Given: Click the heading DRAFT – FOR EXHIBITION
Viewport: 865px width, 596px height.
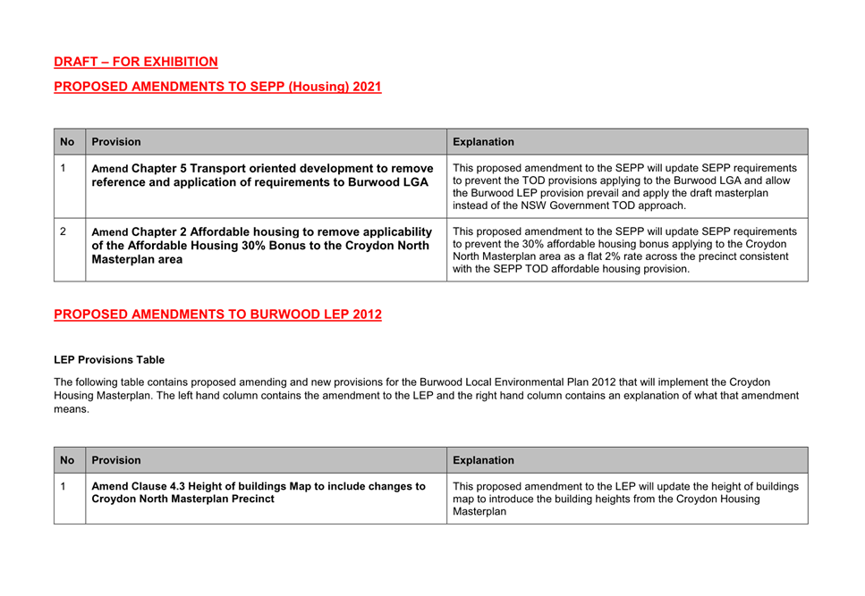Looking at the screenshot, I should [x=136, y=62].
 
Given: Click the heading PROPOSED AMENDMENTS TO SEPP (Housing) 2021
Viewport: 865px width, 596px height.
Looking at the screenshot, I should [x=217, y=87].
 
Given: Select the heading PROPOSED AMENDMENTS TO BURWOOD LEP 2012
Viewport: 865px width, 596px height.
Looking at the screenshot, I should [x=217, y=315].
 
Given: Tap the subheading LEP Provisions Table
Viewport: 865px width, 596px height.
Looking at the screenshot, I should [x=109, y=360].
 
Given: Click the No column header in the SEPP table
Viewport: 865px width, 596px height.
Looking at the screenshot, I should [x=68, y=141].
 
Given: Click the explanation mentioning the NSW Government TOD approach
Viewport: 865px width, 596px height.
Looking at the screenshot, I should [x=625, y=186].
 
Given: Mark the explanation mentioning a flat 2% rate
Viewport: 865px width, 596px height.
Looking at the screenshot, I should [x=625, y=254].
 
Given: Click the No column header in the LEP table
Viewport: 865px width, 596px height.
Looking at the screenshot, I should [x=68, y=460].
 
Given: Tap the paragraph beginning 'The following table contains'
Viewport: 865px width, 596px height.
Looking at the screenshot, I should [x=426, y=395].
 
